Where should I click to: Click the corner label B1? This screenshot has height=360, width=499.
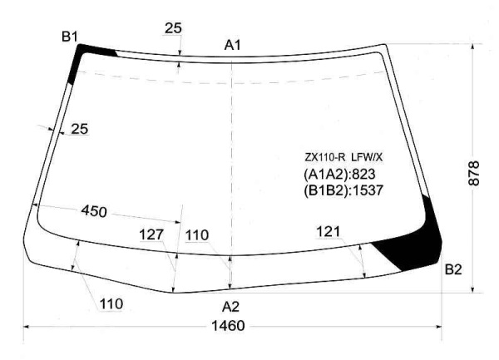70,37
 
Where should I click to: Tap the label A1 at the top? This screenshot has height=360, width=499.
233,45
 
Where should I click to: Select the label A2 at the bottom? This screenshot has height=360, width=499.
230,307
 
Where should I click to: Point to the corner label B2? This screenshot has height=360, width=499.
453,269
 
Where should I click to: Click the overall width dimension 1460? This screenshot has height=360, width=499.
228,326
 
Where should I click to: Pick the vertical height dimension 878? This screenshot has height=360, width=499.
474,173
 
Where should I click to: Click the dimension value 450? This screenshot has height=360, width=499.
94,211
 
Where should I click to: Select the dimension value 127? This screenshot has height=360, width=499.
151,234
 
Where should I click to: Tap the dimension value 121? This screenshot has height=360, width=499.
329,231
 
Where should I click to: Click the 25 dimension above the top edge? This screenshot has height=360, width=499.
173,28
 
